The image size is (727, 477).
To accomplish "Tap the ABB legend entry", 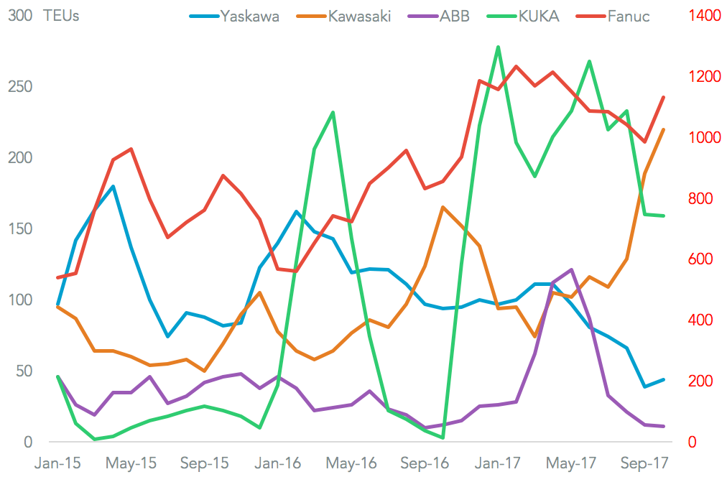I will (454, 16).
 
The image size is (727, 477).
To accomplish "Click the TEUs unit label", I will (61, 16).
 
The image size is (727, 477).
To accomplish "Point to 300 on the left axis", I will (20, 16).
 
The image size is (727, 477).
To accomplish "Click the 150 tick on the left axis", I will (20, 229).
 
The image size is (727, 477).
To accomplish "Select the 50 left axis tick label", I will (24, 371).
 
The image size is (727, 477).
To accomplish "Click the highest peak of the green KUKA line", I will (498, 47).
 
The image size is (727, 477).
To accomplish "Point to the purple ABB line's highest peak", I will (571, 269).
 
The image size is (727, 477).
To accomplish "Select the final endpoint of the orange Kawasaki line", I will (663, 129).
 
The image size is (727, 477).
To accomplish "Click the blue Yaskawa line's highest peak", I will (113, 187).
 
